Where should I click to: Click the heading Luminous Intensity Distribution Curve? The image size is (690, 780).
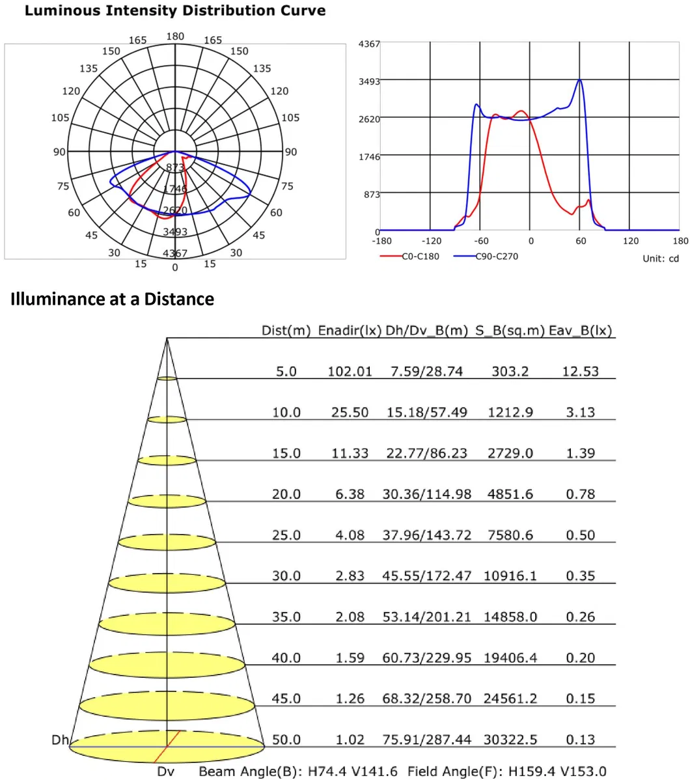(174, 11)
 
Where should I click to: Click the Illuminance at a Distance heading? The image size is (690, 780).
(112, 299)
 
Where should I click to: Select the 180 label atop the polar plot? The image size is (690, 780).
(175, 36)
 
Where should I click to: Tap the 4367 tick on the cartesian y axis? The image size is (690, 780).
(370, 44)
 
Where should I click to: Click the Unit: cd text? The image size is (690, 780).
(660, 258)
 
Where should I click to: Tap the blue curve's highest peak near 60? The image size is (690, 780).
(579, 80)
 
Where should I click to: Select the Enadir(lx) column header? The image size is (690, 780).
(350, 331)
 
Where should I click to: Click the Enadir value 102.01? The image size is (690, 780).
(350, 372)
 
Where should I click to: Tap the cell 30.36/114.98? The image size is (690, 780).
(426, 494)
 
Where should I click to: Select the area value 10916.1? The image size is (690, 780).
(510, 576)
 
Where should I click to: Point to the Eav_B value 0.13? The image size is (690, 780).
(580, 740)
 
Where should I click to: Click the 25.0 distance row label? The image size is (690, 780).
(286, 535)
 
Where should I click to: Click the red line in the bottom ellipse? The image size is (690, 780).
(167, 745)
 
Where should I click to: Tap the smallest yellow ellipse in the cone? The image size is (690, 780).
(167, 378)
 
